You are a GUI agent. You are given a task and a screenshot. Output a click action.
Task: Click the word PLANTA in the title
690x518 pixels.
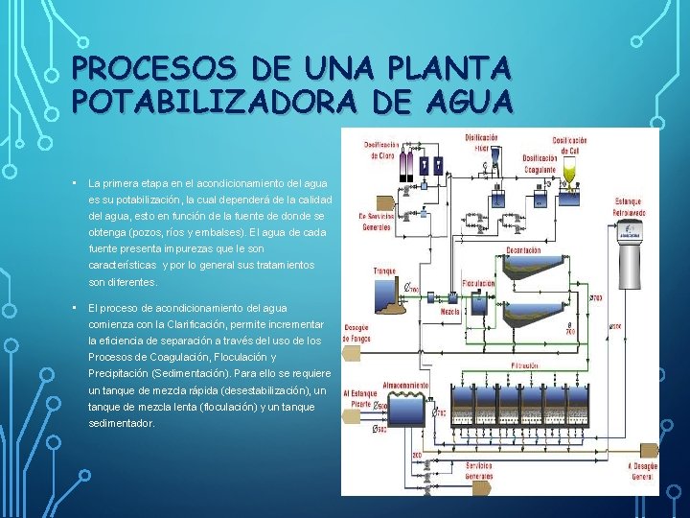[x=449, y=69]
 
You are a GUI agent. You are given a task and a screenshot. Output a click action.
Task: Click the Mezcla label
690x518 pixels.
[x=451, y=312]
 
